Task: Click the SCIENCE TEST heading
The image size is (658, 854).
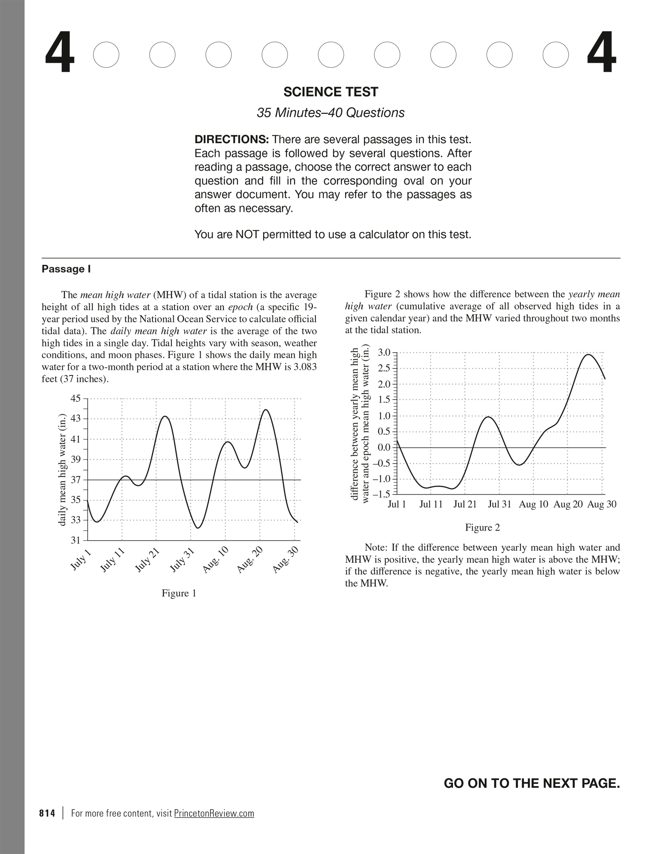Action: tap(331, 92)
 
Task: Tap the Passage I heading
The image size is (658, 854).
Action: tap(66, 269)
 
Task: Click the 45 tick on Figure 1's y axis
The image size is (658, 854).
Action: tap(76, 398)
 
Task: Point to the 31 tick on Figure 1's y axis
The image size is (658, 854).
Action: tap(76, 540)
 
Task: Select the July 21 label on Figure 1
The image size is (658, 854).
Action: tap(147, 560)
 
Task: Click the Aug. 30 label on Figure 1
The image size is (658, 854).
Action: tap(285, 560)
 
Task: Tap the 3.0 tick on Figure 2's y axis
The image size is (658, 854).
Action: tap(384, 353)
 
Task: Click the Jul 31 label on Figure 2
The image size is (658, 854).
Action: tap(500, 505)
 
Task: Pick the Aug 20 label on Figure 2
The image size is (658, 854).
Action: tap(568, 505)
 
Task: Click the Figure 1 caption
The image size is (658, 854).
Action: tap(179, 593)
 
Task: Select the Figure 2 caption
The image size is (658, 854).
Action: tap(482, 527)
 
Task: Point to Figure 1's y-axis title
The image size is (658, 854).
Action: tap(62, 469)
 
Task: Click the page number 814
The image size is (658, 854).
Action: tap(47, 813)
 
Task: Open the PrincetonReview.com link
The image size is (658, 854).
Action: tap(214, 813)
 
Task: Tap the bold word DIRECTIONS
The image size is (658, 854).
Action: tap(232, 140)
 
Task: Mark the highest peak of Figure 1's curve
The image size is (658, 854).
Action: tap(266, 410)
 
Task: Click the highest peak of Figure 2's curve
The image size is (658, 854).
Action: tap(588, 355)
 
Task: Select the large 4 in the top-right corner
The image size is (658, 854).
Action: tap(601, 54)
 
